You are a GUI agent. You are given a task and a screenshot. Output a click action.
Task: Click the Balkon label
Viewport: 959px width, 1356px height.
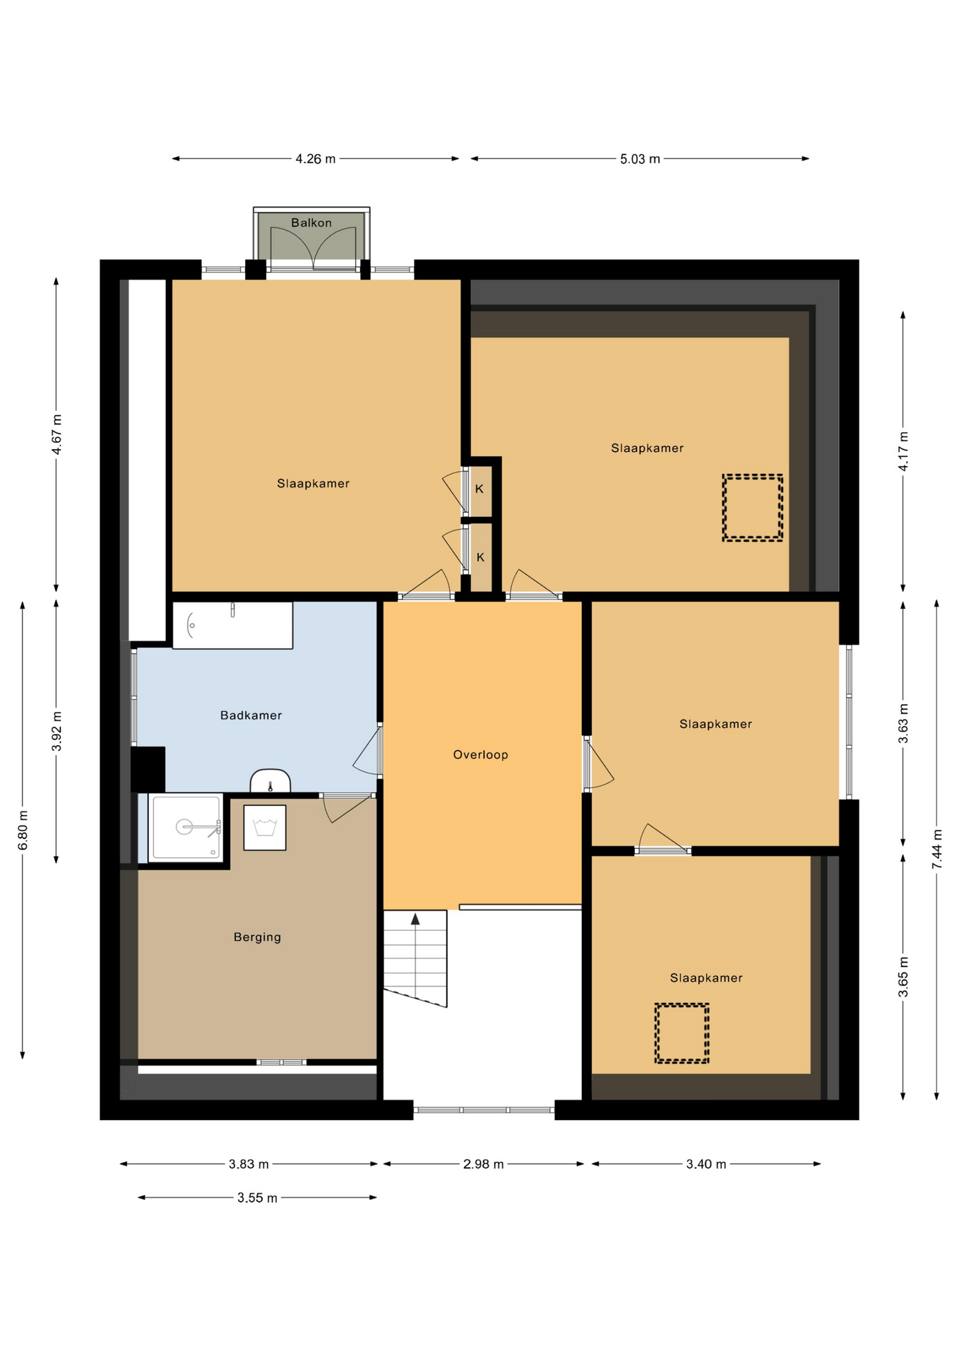[x=311, y=222]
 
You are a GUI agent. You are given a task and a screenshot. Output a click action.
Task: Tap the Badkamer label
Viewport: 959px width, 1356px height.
[x=251, y=715]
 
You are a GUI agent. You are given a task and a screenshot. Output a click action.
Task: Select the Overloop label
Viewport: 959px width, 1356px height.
[x=480, y=755]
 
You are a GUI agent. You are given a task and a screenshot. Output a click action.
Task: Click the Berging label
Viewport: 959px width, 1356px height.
[x=257, y=937]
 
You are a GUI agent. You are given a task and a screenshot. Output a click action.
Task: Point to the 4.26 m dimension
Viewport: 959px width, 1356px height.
[x=316, y=159]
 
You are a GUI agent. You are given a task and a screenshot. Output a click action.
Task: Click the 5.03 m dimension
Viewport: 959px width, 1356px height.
[x=640, y=159]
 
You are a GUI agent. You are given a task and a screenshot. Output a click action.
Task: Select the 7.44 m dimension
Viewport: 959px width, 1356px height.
[x=937, y=850]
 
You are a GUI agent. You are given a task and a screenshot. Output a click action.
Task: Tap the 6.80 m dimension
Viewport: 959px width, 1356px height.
[x=23, y=831]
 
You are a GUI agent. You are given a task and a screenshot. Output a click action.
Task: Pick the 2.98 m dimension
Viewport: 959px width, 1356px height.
[x=483, y=1164]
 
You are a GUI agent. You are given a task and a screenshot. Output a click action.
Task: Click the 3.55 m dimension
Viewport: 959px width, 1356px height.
[x=257, y=1198]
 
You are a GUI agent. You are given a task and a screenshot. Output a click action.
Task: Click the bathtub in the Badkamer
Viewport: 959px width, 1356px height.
[x=232, y=625]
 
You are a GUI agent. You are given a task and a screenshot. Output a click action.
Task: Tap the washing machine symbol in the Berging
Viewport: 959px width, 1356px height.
[x=265, y=828]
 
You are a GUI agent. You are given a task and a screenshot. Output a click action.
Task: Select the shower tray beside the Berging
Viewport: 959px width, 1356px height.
[x=186, y=828]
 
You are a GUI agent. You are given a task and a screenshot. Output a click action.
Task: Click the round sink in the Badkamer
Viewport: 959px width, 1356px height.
[x=270, y=781]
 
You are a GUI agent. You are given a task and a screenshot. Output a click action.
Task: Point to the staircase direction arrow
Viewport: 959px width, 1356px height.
[x=415, y=919]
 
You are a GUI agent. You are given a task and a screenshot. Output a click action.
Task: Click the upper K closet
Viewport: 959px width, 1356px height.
[x=480, y=489]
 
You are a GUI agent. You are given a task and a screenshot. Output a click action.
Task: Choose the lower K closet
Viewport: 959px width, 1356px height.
[x=480, y=557]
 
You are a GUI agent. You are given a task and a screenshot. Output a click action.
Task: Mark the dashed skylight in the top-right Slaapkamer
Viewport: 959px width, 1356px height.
[x=753, y=508]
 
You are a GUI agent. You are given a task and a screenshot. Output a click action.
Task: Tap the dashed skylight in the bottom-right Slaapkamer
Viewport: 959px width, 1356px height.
[x=681, y=1033]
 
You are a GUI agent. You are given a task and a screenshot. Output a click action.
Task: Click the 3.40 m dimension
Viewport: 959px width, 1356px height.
[x=706, y=1164]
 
